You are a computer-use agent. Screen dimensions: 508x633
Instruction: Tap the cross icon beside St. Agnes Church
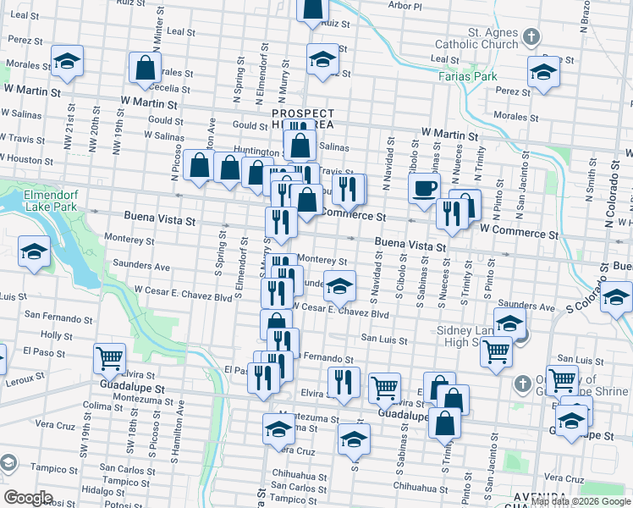[531, 37]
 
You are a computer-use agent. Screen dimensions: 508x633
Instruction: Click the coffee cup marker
[424, 189]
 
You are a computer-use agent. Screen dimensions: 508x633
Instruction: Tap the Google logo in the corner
[28, 497]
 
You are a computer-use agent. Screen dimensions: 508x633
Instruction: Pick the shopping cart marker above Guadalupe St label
[109, 358]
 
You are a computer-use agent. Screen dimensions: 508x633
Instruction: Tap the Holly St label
[57, 335]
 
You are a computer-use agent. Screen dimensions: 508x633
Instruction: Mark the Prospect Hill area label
[302, 119]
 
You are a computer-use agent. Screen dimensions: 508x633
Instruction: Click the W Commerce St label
[519, 229]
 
